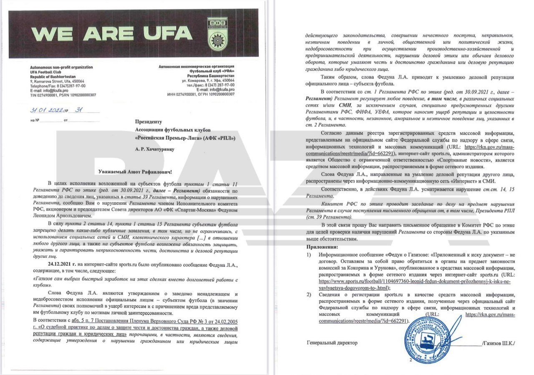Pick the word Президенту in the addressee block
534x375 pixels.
[148, 122]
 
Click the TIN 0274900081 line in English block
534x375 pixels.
[63, 95]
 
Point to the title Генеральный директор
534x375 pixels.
[332, 342]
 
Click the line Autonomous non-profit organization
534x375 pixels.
[61, 67]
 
